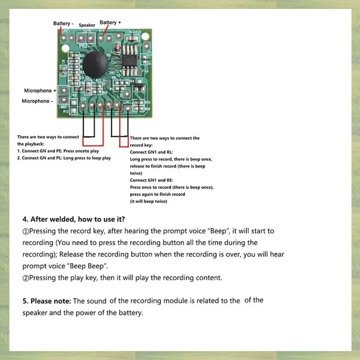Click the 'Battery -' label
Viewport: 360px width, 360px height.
(62, 23)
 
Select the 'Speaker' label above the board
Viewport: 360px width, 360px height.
(87, 25)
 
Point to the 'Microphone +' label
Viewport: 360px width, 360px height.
(39, 90)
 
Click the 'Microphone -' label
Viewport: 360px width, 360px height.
(37, 101)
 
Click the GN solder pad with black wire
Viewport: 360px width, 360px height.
(84, 106)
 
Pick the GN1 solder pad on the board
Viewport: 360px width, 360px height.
(127, 106)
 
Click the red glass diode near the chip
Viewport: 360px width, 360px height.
(117, 47)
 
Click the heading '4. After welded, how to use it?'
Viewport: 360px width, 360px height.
(74, 220)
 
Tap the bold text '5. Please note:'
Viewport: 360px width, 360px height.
(47, 301)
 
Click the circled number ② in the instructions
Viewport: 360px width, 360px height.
(26, 278)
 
